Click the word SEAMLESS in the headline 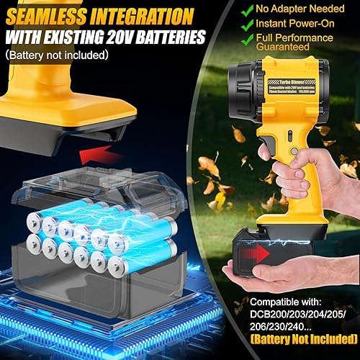tap(47, 14)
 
